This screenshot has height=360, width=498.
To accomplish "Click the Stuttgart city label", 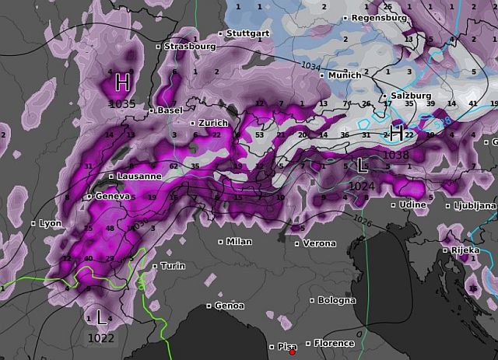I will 248,33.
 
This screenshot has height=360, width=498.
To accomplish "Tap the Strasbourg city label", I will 191,47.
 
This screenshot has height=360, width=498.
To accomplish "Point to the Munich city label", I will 345,75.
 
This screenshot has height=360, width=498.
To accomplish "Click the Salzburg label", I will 411,96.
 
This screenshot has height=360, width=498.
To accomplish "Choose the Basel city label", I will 170,110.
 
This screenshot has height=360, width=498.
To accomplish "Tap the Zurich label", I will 212,123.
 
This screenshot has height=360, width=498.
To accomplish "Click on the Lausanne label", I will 139,177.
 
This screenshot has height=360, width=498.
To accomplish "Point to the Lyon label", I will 50,223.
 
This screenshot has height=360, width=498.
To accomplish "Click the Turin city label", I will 173,267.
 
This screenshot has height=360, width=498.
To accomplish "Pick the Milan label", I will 239,242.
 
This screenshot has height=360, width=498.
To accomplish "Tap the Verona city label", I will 319,243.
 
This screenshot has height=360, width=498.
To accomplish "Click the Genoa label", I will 229,306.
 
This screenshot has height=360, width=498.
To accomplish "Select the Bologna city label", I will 337,300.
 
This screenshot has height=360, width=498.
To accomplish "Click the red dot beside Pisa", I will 293,352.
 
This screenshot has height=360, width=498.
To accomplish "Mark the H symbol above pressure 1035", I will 122,82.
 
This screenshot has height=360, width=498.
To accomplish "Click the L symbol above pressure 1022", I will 101,317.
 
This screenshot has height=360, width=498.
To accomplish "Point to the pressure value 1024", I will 362,187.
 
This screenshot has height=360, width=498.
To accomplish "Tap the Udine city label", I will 412,204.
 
